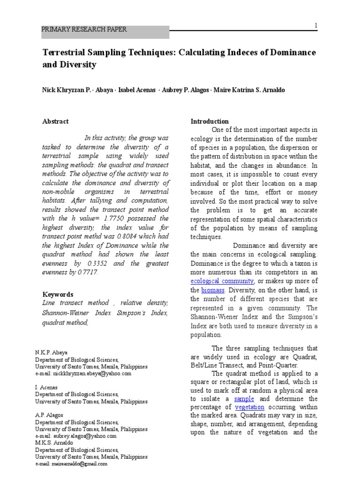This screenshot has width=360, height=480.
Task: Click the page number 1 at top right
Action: point(315,25)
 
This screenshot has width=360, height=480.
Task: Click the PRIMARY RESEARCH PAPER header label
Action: point(84,30)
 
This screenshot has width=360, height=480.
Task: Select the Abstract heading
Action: point(55,121)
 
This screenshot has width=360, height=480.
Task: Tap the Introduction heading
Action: point(210,121)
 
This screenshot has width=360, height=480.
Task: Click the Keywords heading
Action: point(58,294)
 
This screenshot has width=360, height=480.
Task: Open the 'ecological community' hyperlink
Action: point(222,281)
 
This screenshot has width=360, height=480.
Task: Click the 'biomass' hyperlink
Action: point(213,290)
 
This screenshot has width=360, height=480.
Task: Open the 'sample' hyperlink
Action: point(244,398)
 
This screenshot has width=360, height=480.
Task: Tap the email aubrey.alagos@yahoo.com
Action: point(82,435)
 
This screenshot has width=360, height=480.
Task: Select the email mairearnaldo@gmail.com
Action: point(77,464)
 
